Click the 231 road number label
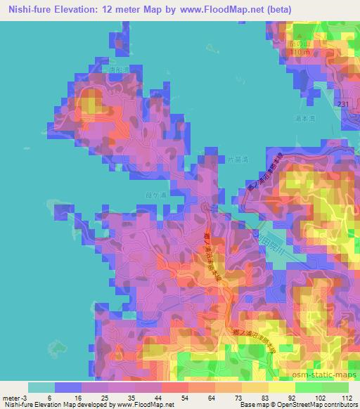click(343, 104)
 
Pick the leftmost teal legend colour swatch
click(41, 387)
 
